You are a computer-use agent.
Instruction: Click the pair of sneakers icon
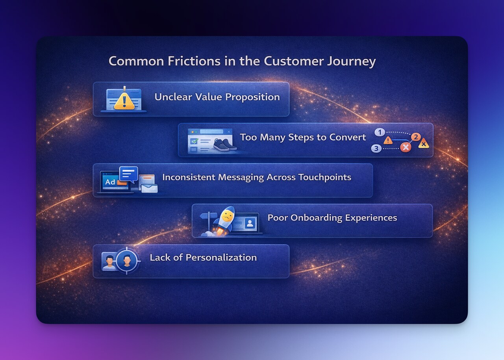tap(224, 145)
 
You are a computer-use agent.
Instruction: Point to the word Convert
tap(350, 137)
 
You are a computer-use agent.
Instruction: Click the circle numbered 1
tap(379, 132)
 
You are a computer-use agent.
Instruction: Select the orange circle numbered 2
tap(416, 137)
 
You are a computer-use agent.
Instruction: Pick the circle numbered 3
tap(376, 148)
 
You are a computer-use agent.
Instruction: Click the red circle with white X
tap(405, 147)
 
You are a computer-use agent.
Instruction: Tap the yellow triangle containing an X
tap(424, 144)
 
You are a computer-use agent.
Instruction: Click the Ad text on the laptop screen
tap(110, 182)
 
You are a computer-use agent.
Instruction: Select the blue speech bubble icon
tap(128, 174)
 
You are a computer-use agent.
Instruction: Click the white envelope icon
tap(149, 188)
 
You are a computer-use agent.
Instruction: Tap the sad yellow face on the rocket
tap(227, 216)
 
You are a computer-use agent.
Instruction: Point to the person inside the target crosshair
tap(127, 260)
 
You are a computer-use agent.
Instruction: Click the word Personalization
tap(221, 258)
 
